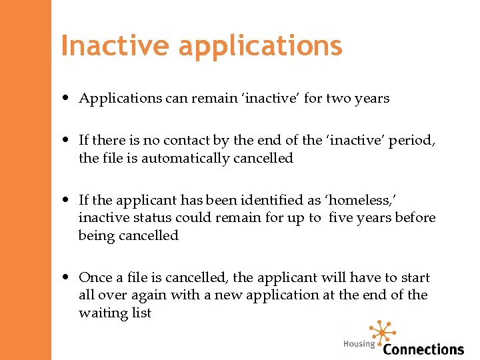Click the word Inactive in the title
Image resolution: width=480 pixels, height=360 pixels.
tap(115, 46)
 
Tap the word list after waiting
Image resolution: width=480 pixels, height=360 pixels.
tap(141, 313)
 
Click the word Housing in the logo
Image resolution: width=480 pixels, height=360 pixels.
tap(359, 344)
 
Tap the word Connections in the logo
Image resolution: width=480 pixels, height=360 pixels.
tap(423, 349)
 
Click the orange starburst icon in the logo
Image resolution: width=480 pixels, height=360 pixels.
tap(383, 332)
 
